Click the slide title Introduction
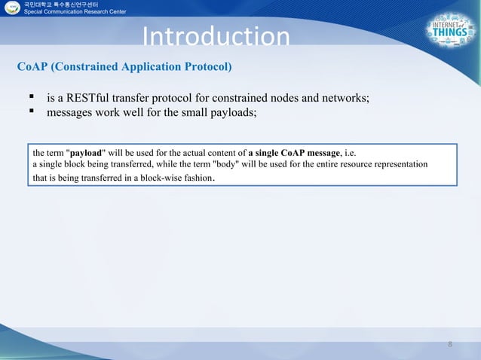click(x=216, y=38)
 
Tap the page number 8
click(x=450, y=345)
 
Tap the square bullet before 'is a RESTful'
click(x=32, y=99)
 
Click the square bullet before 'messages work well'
click(x=32, y=114)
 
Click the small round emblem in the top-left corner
click(x=13, y=10)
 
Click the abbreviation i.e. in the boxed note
click(x=352, y=152)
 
